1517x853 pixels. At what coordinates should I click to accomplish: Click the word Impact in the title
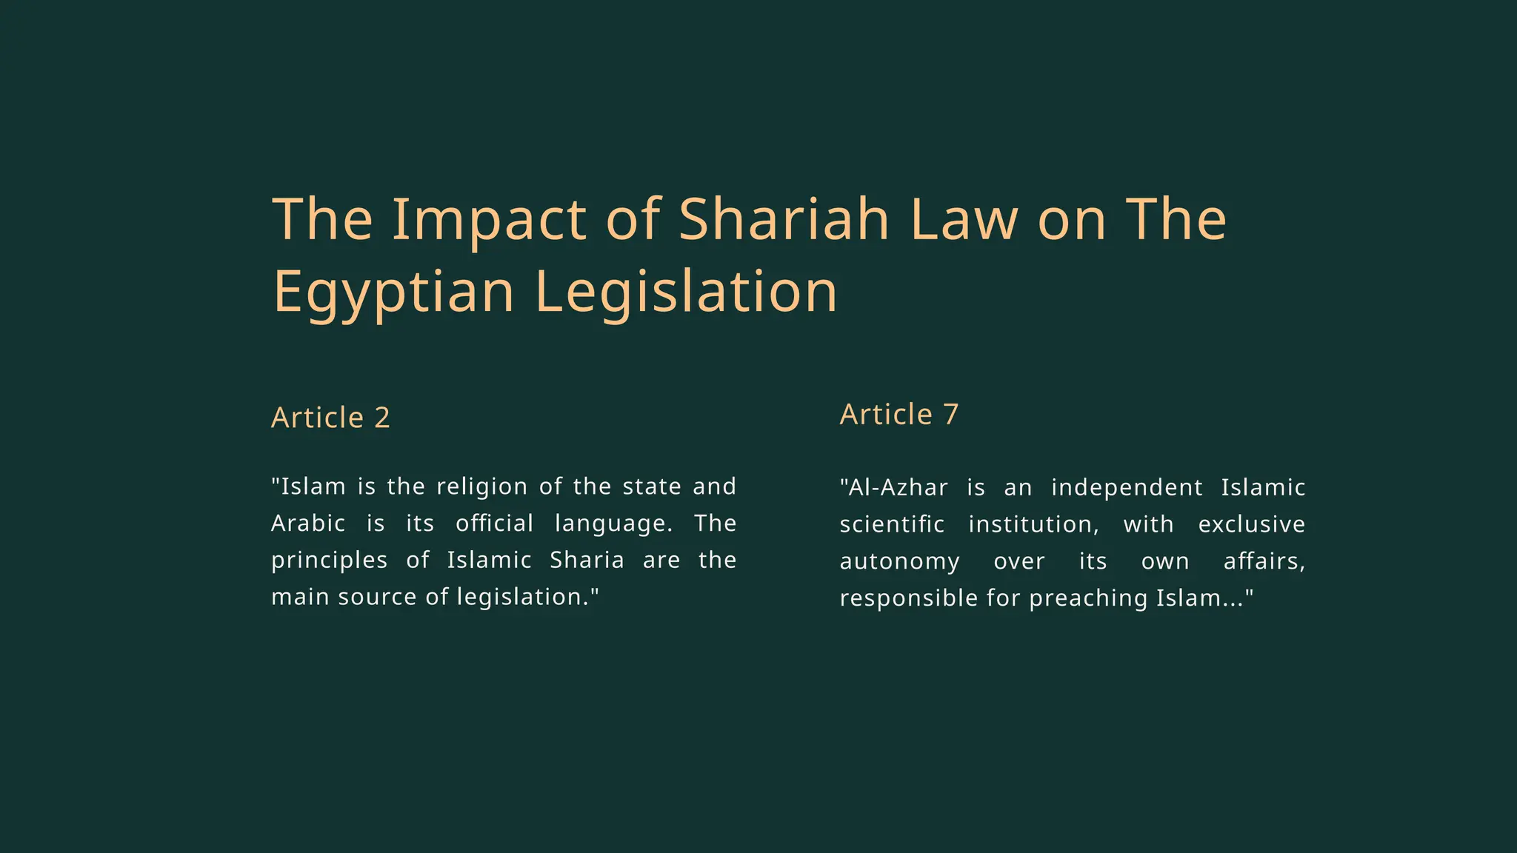[x=489, y=220]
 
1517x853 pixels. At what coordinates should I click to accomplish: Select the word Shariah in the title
[x=784, y=220]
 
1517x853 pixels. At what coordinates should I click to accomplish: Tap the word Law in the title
[x=964, y=220]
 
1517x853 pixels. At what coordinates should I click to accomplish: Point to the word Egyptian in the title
[x=393, y=292]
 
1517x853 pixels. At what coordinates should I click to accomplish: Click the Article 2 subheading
[x=330, y=418]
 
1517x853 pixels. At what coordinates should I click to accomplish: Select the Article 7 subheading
[x=898, y=415]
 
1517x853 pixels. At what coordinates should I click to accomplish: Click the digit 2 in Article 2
[x=382, y=418]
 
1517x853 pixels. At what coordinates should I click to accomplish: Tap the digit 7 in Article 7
[x=951, y=415]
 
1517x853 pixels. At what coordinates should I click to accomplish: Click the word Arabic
[x=308, y=523]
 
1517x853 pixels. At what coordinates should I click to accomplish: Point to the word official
[x=494, y=523]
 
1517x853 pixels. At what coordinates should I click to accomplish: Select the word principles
[x=329, y=561]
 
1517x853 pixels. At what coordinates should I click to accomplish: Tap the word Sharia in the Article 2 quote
[x=587, y=560]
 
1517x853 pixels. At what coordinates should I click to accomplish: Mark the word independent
[x=1127, y=487]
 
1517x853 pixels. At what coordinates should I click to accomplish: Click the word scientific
[x=892, y=524]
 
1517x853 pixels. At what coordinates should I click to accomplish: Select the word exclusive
[x=1251, y=524]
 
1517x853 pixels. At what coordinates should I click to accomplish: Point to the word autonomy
[x=899, y=561]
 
